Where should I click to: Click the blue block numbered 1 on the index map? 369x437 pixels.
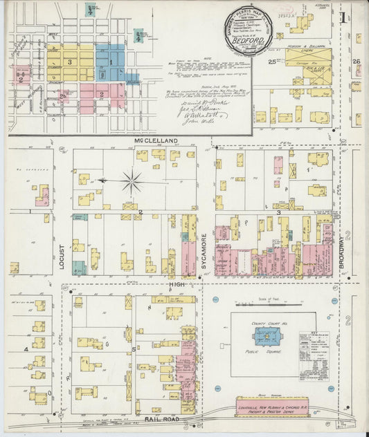tap(110, 62)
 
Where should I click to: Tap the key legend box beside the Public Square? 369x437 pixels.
tap(314, 355)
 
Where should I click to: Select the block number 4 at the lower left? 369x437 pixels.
tap(26, 349)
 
